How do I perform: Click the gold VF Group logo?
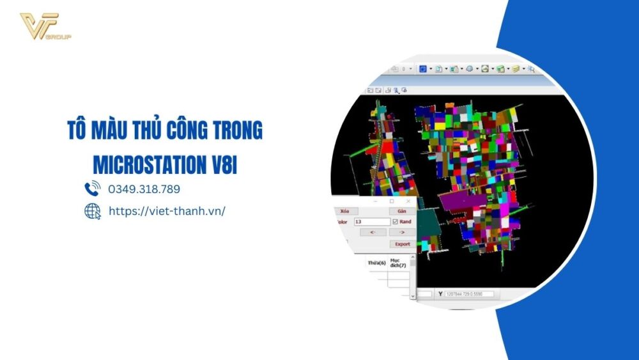44,26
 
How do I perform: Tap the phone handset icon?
92,189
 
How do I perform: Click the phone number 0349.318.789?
144,189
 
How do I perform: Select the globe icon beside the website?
93,211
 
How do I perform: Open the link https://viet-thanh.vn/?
167,211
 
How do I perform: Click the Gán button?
402,211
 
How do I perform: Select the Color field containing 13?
371,221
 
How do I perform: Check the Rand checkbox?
395,221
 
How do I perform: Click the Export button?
402,244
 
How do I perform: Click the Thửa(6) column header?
376,263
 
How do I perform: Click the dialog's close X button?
408,201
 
